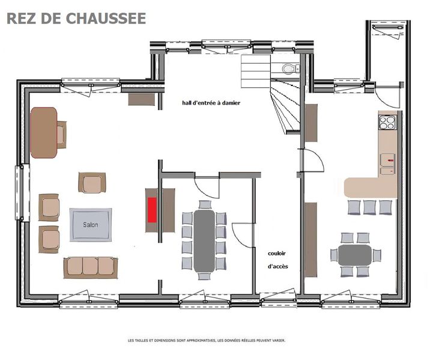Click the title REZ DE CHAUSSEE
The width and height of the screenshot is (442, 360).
[x=76, y=19]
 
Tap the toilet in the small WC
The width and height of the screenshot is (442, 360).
[x=289, y=69]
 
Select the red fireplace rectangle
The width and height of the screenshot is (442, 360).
[x=152, y=210]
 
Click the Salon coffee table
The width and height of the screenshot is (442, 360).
[x=91, y=225]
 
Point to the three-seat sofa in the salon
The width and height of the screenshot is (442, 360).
[x=91, y=267]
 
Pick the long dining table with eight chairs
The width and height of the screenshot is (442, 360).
[x=204, y=241]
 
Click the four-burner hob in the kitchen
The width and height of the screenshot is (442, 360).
[x=387, y=123]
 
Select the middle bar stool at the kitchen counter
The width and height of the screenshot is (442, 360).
[x=369, y=207]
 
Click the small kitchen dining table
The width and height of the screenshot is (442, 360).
[x=355, y=255]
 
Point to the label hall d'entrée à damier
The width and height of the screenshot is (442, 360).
[x=211, y=103]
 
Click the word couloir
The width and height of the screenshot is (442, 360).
[x=277, y=254]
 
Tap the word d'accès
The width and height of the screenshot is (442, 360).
[x=278, y=266]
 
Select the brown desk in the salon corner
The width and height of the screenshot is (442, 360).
[x=44, y=133]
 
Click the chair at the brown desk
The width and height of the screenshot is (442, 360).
[x=61, y=135]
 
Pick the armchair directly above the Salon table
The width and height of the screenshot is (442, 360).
[x=92, y=183]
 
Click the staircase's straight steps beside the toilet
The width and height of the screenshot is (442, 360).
[x=256, y=72]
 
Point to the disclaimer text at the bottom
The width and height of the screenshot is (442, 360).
[x=207, y=341]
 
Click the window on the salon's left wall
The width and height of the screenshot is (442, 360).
[x=22, y=193]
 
